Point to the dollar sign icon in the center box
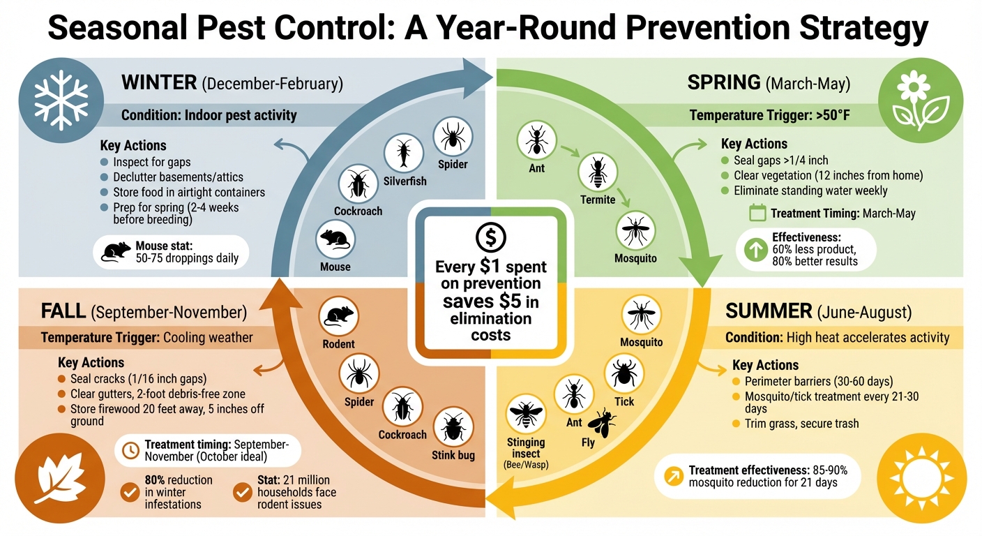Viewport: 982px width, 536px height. pyautogui.click(x=490, y=238)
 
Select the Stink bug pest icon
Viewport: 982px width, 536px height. pyautogui.click(x=453, y=426)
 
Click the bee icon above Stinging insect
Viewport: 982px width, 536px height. pyautogui.click(x=525, y=414)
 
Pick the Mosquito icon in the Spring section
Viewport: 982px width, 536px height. pyautogui.click(x=635, y=230)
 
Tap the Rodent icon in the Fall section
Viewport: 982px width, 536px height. pyautogui.click(x=338, y=315)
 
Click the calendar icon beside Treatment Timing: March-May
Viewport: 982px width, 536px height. pyautogui.click(x=757, y=213)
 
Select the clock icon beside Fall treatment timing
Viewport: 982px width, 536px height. pyautogui.click(x=130, y=450)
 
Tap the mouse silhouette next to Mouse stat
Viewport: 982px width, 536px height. pyautogui.click(x=116, y=252)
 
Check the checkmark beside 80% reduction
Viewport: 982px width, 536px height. pyautogui.click(x=130, y=492)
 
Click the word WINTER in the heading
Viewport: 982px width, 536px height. pyautogui.click(x=159, y=82)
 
